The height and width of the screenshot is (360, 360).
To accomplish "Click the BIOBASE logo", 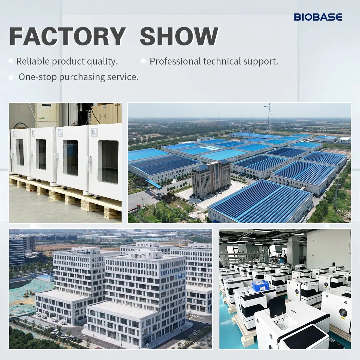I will pyautogui.click(x=318, y=17).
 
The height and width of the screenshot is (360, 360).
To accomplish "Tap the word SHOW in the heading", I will pyautogui.click(x=179, y=36).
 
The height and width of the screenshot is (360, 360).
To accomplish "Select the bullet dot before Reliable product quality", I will pyautogui.click(x=11, y=61).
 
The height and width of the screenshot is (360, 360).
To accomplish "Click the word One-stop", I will pyautogui.click(x=38, y=77).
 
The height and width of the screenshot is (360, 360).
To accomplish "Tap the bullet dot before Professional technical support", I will pyautogui.click(x=143, y=61).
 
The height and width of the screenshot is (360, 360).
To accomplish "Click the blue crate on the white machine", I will pyautogui.click(x=260, y=286).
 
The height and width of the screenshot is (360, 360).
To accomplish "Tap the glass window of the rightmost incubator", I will pyautogui.click(x=108, y=162).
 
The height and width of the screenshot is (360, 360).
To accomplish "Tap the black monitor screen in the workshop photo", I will pyautogui.click(x=277, y=307).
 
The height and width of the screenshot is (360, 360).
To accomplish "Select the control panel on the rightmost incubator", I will pyautogui.click(x=94, y=131).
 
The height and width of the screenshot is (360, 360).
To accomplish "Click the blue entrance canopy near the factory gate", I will pyautogui.click(x=154, y=184).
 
